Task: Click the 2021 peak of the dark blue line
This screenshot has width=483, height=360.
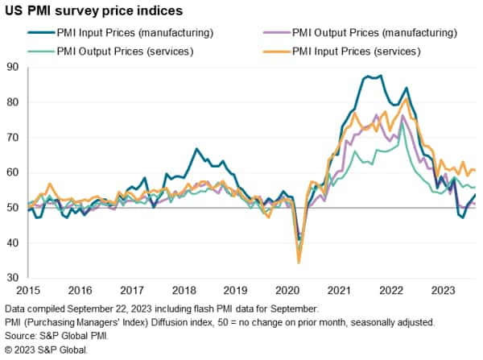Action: click(x=368, y=77)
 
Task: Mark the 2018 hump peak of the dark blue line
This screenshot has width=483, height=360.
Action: click(x=196, y=149)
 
